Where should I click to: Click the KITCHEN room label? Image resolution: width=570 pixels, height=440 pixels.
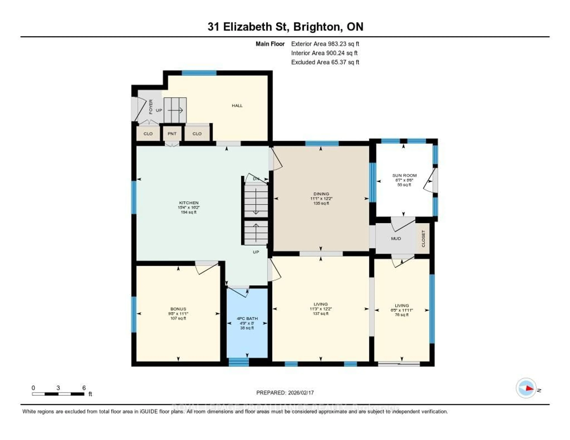click(x=189, y=203)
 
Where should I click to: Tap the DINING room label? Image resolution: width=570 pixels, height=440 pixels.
click(x=321, y=194)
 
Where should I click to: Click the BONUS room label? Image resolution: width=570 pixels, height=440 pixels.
click(x=178, y=309)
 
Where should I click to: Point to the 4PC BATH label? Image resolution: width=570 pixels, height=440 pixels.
click(x=247, y=319)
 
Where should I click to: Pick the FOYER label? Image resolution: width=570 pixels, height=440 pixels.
click(x=151, y=107)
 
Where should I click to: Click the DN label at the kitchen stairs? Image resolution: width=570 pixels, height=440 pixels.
click(x=256, y=179)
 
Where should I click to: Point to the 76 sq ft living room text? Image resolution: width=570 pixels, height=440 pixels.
click(x=402, y=315)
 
